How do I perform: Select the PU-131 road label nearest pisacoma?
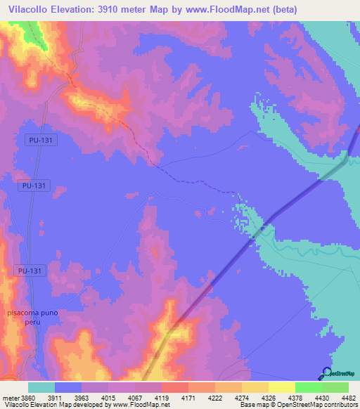pos(30,270)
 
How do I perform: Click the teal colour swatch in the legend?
pos(41,387)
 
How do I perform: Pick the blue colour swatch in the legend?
pos(68,387)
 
